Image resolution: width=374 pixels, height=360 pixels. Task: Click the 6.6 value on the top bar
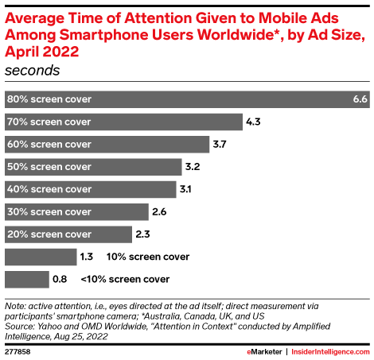click(x=359, y=99)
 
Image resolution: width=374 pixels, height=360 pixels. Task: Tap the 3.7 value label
click(x=222, y=144)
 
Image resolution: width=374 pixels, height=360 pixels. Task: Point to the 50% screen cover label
click(x=49, y=167)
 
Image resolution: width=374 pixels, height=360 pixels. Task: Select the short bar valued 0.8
click(x=26, y=279)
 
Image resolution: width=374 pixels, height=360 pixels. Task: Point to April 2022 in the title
click(x=44, y=52)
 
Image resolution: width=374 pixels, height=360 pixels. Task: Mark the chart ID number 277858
click(x=18, y=350)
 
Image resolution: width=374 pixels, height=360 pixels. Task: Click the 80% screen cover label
click(x=49, y=99)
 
